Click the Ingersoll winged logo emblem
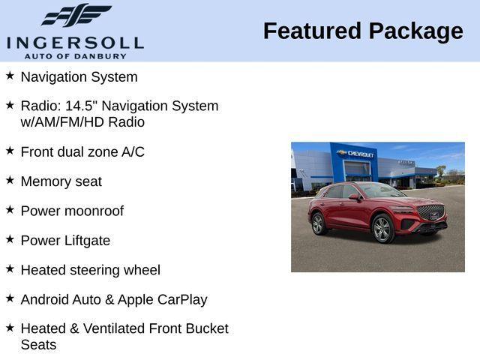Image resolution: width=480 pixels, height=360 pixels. (x=75, y=16)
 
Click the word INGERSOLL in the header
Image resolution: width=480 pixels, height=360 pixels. (x=75, y=42)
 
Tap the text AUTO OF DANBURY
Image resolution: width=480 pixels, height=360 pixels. (x=75, y=55)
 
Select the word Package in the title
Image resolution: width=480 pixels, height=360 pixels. (x=415, y=31)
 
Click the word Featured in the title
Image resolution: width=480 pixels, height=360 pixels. (x=310, y=31)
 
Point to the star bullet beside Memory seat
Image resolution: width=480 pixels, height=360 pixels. (x=10, y=180)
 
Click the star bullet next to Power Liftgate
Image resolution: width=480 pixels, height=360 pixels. (x=10, y=239)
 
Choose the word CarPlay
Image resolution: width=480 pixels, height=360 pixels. (x=182, y=299)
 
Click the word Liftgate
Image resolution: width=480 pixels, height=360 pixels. (x=85, y=241)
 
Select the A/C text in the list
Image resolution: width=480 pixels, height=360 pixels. (x=133, y=151)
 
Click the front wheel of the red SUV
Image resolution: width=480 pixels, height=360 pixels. (x=382, y=229)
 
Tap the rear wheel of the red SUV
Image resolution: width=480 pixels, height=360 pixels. (x=317, y=223)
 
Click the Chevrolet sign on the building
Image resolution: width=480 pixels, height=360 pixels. (x=356, y=154)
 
